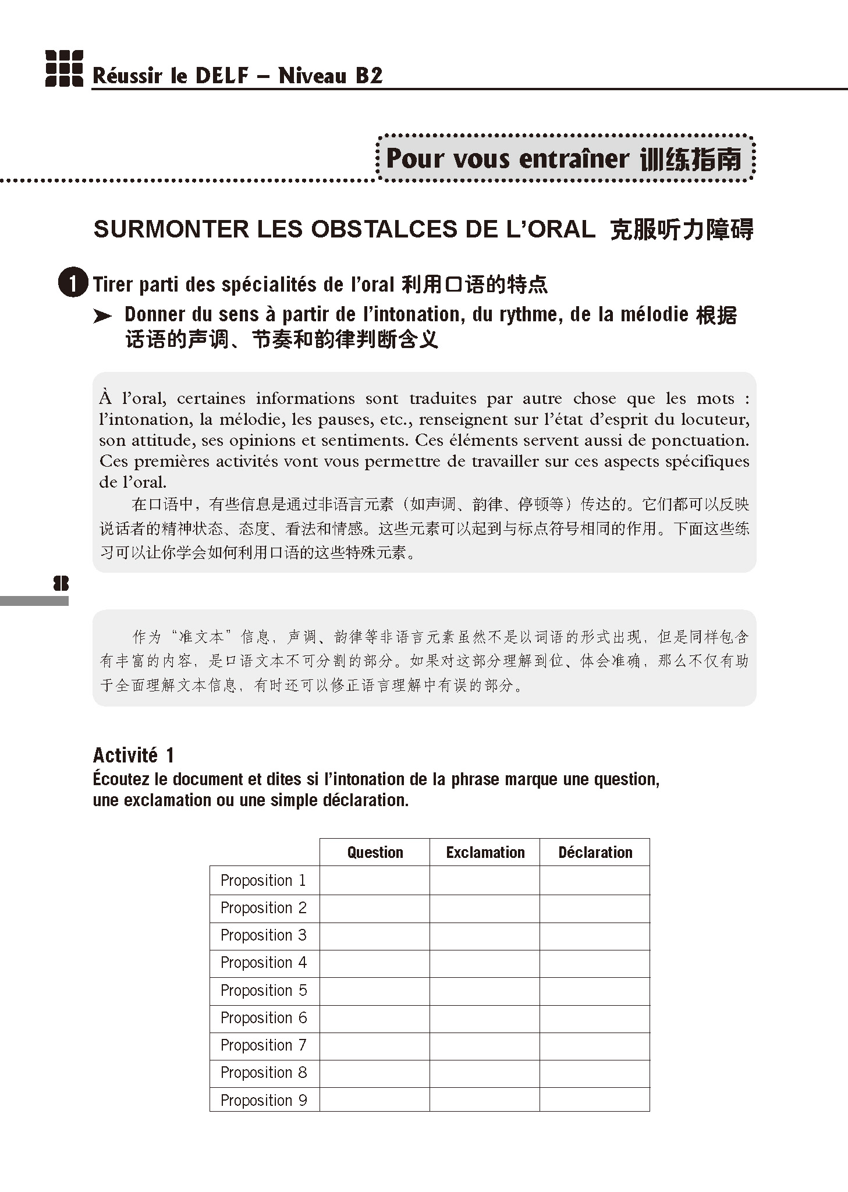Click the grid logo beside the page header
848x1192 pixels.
64,69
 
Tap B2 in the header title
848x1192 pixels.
369,76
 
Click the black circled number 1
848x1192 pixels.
73,283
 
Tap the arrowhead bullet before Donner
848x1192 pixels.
102,316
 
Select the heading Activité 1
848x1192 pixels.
133,755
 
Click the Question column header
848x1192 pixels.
375,852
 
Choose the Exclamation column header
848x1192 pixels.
485,852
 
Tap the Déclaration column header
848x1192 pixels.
595,852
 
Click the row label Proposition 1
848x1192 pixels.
263,880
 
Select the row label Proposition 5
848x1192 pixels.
263,990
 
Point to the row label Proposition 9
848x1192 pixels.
263,1100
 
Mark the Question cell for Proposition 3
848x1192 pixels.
375,935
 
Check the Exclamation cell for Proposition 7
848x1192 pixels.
485,1045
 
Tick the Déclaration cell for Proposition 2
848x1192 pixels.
595,908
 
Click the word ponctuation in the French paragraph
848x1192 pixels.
699,440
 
